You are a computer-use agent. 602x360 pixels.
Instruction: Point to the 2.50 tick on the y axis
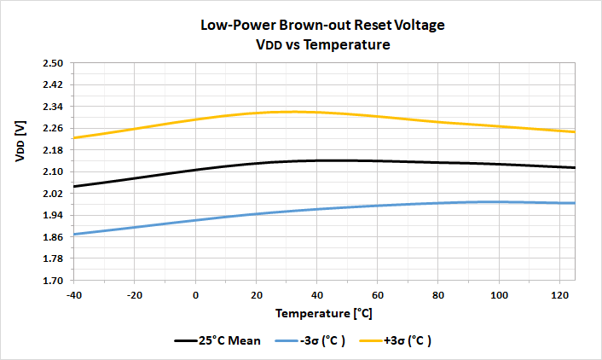[53, 64]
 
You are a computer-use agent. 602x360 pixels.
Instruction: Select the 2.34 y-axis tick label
[53, 107]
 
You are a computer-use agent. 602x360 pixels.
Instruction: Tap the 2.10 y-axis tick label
[53, 171]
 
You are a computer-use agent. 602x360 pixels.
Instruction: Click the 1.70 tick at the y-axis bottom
[53, 280]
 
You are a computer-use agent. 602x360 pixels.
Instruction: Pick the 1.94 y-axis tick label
[53, 215]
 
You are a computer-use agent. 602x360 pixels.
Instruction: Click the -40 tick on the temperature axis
[74, 294]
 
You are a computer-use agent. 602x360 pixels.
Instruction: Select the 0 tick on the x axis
[196, 294]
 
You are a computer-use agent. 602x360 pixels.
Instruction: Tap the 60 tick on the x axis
[378, 294]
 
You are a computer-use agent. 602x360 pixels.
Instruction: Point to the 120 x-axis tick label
[559, 294]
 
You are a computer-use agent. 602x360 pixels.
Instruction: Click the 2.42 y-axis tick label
[53, 85]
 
